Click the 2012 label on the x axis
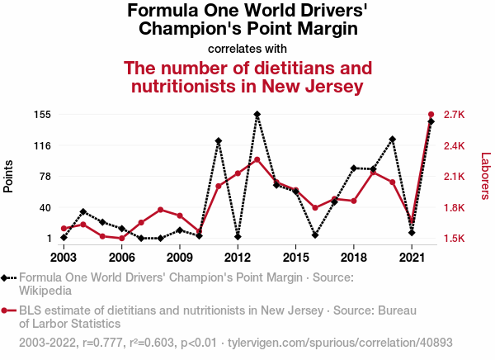click(238, 258)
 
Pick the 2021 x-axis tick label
click(412, 258)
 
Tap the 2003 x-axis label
click(64, 258)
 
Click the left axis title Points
click(9, 176)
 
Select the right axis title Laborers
click(485, 176)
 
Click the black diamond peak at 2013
click(257, 115)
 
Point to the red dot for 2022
click(431, 114)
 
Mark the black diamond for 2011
click(219, 141)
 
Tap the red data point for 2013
click(257, 159)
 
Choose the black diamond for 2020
click(393, 140)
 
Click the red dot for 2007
click(141, 223)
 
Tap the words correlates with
click(247, 48)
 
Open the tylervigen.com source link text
click(340, 342)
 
